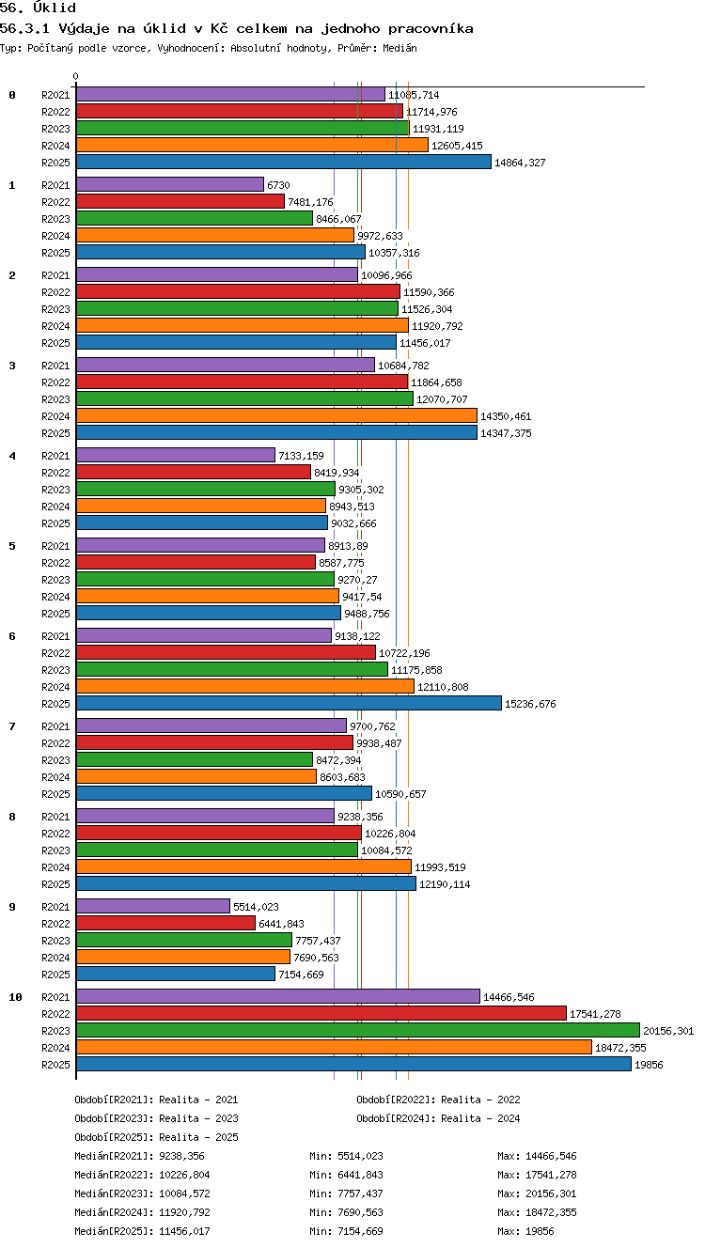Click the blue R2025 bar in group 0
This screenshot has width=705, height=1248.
point(284,163)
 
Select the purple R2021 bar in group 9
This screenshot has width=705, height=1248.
point(153,907)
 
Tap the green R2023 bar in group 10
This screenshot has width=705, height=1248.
point(358,1030)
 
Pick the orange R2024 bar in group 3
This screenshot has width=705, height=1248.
point(277,415)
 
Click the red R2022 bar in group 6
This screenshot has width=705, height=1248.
point(227,652)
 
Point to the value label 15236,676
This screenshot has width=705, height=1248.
point(530,704)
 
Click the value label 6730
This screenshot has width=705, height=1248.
point(278,185)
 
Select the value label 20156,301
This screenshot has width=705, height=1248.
point(668,1031)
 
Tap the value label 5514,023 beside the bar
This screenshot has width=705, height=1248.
point(256,907)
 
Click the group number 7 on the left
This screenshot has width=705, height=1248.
point(12,726)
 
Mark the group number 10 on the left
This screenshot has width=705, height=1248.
point(15,997)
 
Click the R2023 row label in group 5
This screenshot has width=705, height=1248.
point(55,580)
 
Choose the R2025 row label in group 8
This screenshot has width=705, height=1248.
point(55,884)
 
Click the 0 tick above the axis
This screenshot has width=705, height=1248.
point(76,76)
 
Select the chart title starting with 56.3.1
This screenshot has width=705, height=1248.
point(236,28)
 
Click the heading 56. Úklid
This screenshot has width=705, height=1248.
point(38,8)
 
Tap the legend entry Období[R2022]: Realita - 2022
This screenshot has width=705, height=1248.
point(438,1100)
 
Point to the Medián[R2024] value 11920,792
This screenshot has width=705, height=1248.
point(184,1211)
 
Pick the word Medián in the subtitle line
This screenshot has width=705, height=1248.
point(399,48)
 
